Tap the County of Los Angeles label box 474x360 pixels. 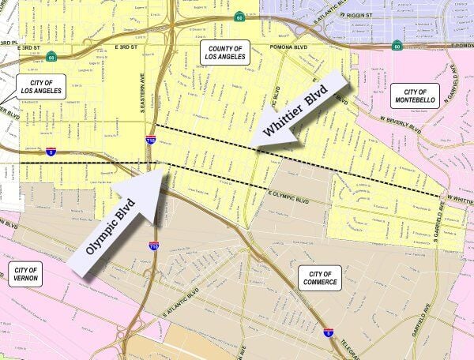tap(226, 54)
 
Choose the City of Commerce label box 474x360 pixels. tap(320, 278)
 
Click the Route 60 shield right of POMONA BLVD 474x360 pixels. tap(397, 46)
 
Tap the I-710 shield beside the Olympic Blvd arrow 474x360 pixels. tap(154, 246)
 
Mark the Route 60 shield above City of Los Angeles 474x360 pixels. tap(51, 56)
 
